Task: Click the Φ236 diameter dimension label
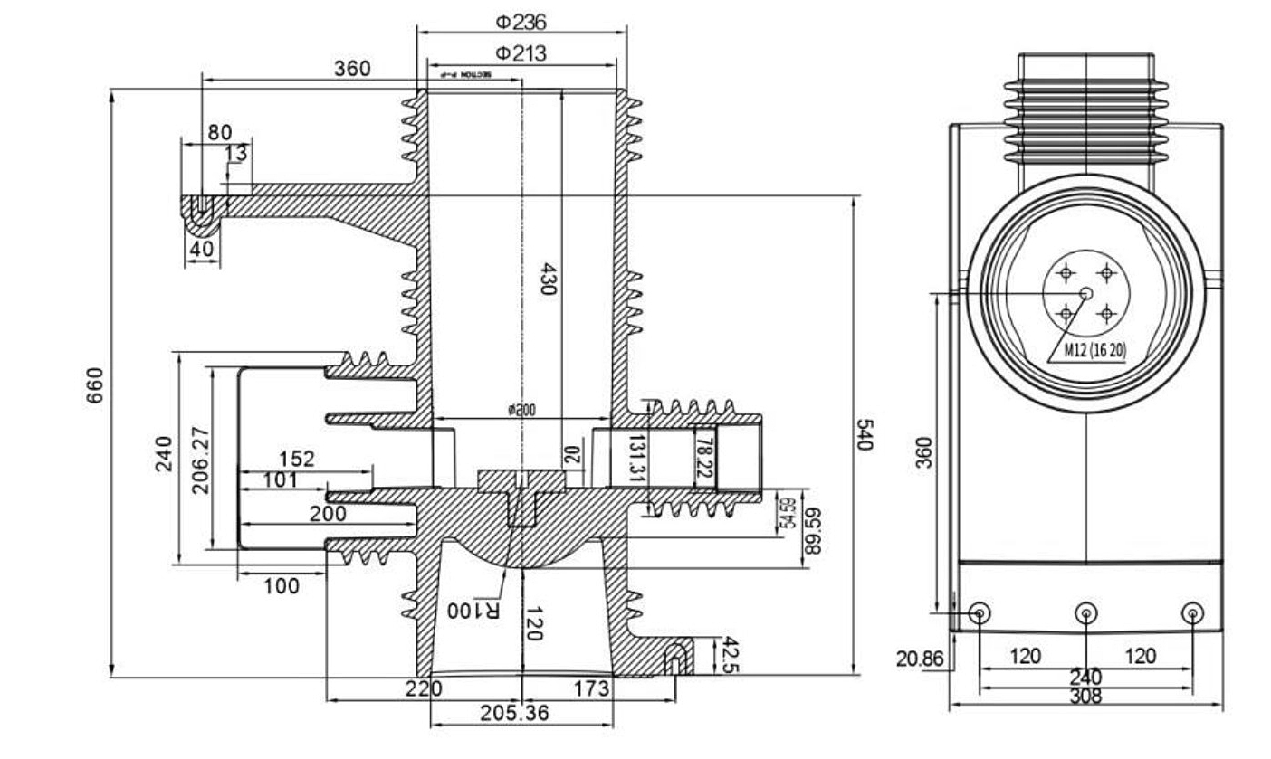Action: point(521,21)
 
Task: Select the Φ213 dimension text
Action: point(521,53)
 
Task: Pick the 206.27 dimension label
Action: point(201,460)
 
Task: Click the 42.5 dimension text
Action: point(730,656)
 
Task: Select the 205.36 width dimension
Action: point(514,713)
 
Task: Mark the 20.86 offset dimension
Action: point(920,659)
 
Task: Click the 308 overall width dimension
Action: point(1085,696)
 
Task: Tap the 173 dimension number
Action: point(592,689)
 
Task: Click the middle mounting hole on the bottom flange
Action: point(1085,613)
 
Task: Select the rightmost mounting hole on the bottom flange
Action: point(1193,613)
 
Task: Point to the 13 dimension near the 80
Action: point(236,154)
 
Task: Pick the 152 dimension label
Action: point(297,459)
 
